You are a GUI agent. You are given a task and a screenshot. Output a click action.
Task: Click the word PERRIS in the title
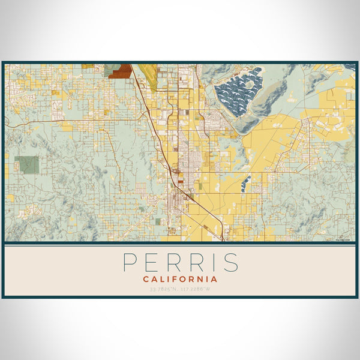coord(181,262)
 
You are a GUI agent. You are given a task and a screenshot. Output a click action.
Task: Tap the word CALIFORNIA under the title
coord(181,279)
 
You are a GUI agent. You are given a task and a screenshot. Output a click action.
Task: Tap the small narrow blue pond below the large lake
coord(245,182)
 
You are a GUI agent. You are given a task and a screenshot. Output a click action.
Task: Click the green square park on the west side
coord(26,164)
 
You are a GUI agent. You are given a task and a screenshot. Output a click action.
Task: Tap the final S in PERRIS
coord(232,262)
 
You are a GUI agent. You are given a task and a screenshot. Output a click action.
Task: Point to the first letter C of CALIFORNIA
coord(147,279)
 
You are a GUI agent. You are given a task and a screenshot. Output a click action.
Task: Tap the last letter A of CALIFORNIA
coord(214,279)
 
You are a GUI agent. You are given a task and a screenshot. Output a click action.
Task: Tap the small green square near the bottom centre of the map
coord(158,221)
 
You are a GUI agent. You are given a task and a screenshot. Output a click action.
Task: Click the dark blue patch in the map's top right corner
coord(349,67)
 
